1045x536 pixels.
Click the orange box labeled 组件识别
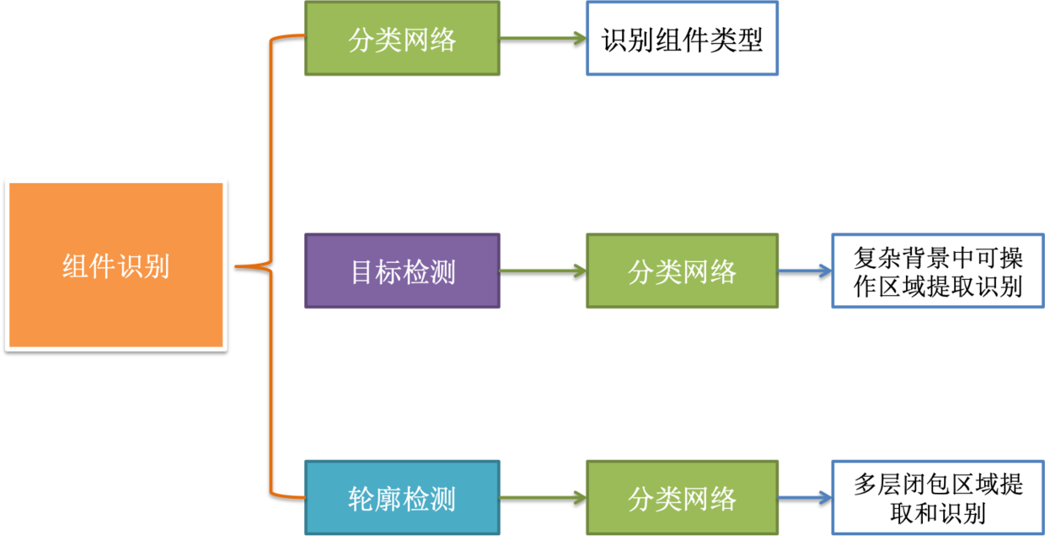point(116,265)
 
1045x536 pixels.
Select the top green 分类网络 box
point(402,39)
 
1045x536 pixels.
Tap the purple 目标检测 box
point(402,271)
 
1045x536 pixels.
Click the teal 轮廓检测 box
point(402,497)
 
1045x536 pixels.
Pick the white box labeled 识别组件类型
point(682,39)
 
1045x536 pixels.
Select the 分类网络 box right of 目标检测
point(682,271)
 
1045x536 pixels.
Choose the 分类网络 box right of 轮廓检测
point(682,497)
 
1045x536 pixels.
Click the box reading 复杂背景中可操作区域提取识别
point(937,271)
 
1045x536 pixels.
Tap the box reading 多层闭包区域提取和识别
point(937,497)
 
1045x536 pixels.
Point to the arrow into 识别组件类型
point(543,39)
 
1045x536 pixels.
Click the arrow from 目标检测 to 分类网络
point(543,271)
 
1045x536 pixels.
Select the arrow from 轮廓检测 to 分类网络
point(543,497)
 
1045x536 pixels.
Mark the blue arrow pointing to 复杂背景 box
point(805,271)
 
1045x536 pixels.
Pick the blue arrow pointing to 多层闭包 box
point(805,497)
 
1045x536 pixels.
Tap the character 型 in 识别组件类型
point(749,40)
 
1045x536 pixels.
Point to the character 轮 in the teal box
point(362,498)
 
